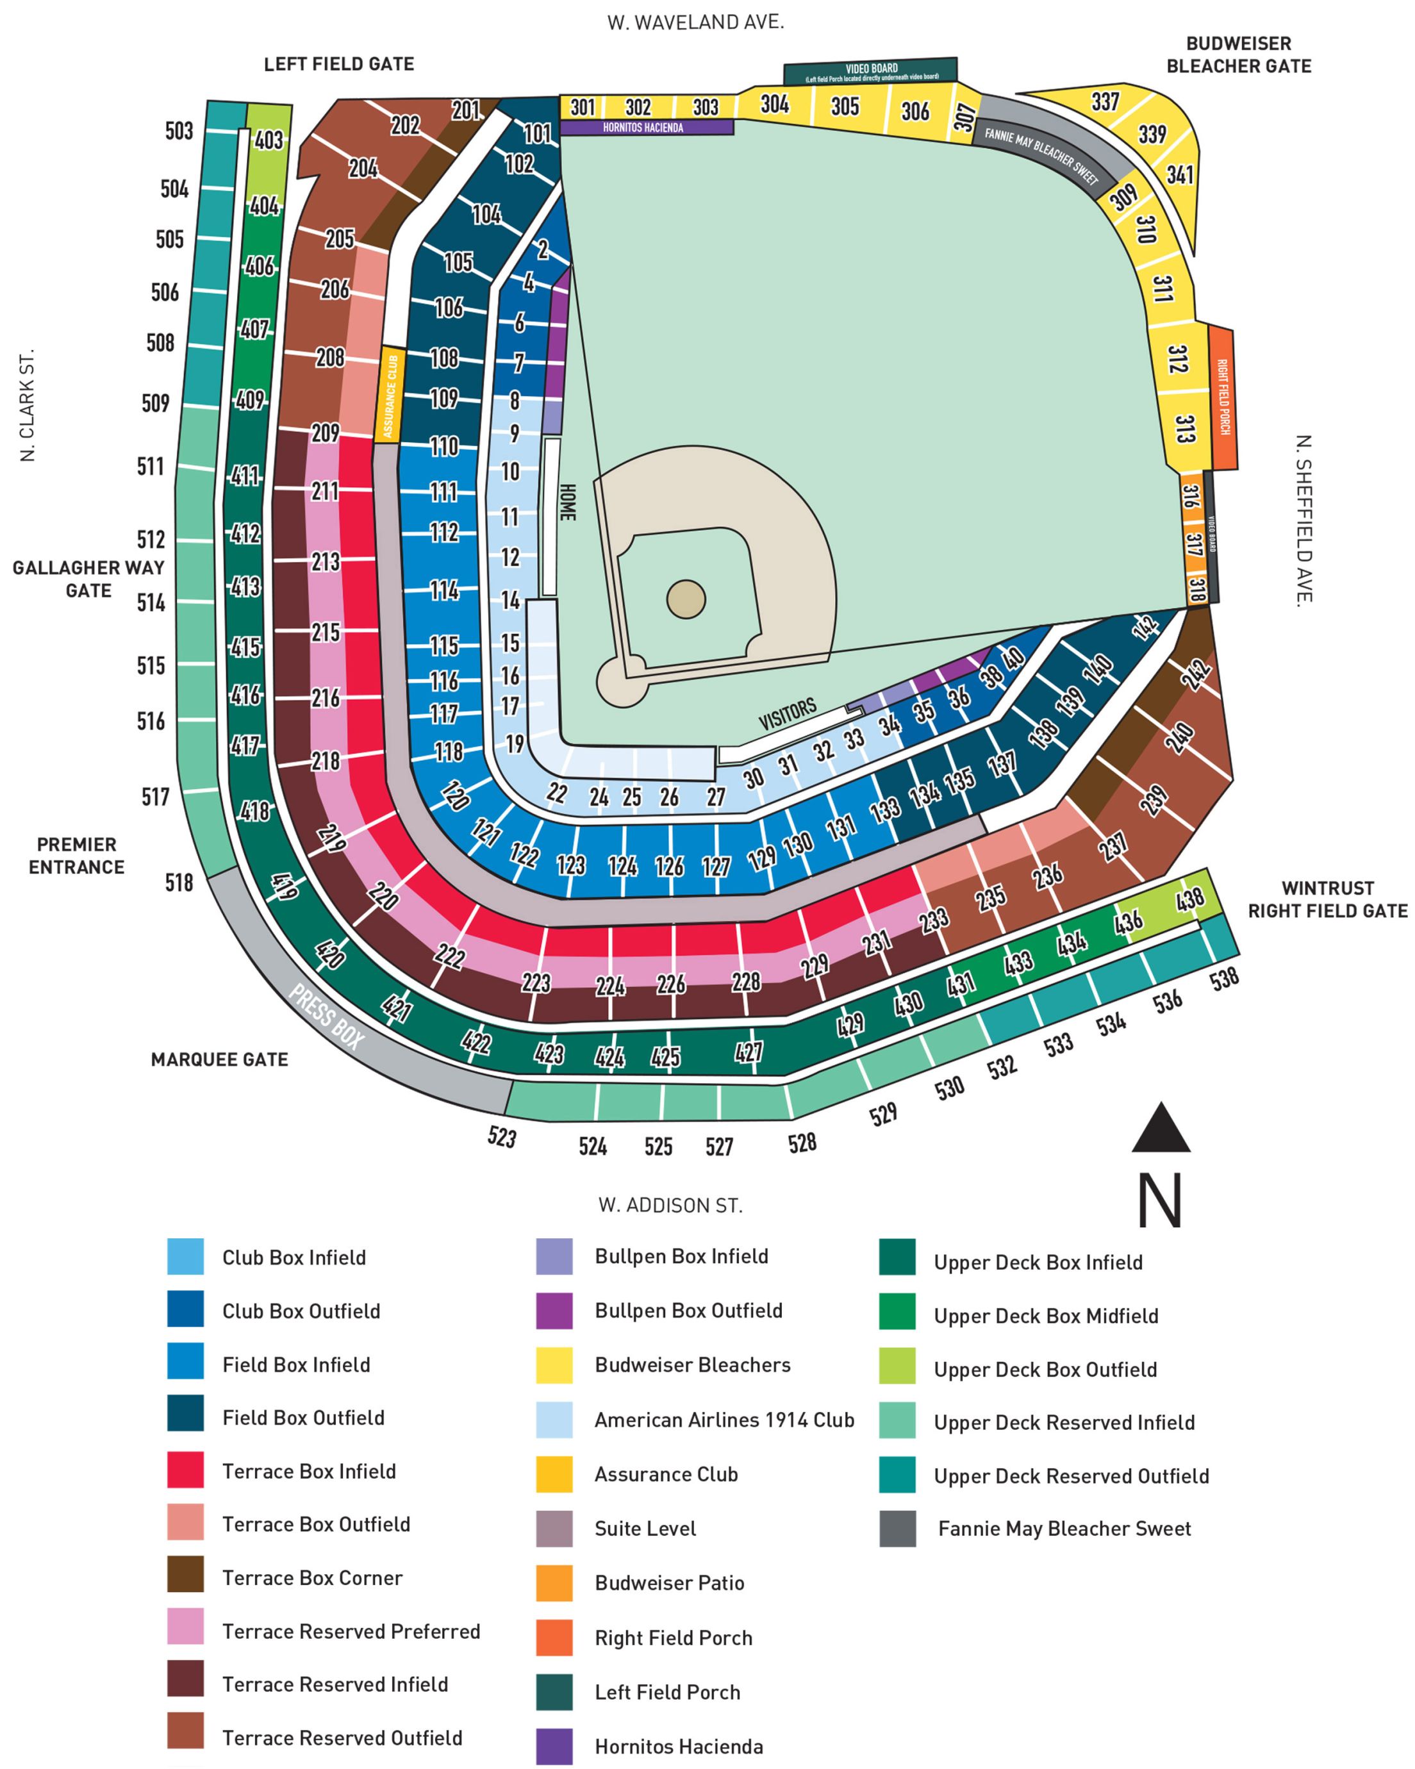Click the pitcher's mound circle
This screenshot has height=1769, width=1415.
click(x=686, y=599)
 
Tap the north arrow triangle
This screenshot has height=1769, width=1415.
click(x=1160, y=1131)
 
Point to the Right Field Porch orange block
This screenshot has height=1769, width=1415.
click(x=1221, y=397)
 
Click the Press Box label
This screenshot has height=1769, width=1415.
click(x=326, y=1017)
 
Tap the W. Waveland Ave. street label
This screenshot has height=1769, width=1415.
click(x=695, y=22)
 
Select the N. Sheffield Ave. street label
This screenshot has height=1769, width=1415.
click(x=1303, y=520)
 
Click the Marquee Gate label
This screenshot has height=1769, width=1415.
click(x=219, y=1059)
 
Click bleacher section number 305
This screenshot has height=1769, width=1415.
click(x=844, y=106)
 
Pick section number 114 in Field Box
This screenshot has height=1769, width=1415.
click(x=443, y=589)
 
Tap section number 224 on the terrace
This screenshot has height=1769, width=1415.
click(x=610, y=984)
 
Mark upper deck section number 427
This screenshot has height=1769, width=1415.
click(x=748, y=1052)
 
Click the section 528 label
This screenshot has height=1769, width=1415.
click(x=802, y=1142)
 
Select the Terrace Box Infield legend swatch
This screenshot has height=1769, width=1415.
click(x=185, y=1470)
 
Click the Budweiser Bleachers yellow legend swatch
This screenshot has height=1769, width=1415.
click(x=554, y=1365)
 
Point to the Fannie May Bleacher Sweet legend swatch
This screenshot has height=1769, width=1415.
click(x=897, y=1529)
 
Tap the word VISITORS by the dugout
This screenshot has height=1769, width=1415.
click(x=787, y=714)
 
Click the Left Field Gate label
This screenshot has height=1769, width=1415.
click(x=339, y=64)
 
